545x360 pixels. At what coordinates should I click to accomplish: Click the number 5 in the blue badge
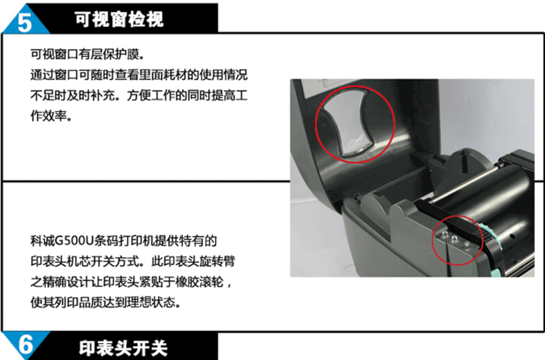[x=24, y=22]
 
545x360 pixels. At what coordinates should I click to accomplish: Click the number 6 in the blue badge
[x=25, y=345]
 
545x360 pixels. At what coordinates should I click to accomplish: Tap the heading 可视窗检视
[x=119, y=19]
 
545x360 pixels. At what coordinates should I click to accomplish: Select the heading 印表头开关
[x=123, y=348]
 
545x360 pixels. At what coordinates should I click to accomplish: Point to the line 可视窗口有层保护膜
[x=87, y=54]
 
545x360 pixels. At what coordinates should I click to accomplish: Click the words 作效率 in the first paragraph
[x=49, y=116]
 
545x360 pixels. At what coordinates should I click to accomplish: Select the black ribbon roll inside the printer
[x=494, y=195]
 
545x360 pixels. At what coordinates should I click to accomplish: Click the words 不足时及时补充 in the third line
[x=72, y=95]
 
